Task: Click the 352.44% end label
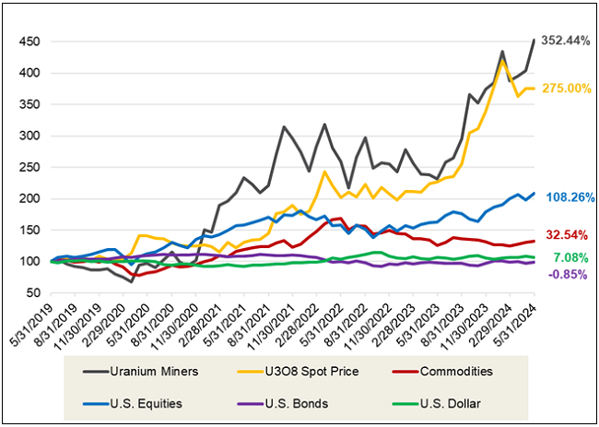point(566,41)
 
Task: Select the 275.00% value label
point(566,88)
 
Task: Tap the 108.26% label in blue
point(569,197)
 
